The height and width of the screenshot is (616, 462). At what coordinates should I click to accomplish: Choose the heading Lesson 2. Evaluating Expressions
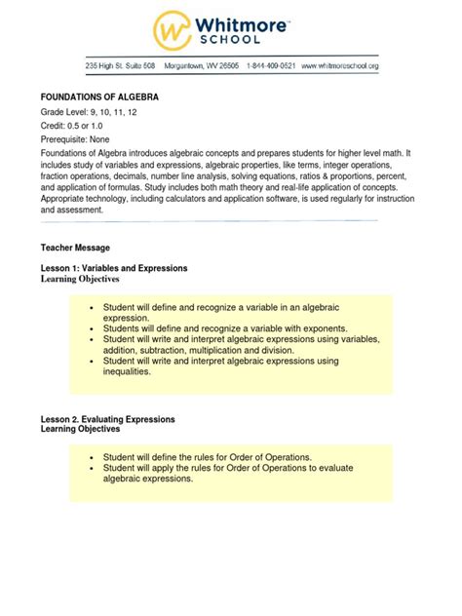(107, 418)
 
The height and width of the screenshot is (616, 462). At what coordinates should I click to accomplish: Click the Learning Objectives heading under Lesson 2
(80, 429)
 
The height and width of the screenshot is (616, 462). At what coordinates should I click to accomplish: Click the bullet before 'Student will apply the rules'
(91, 468)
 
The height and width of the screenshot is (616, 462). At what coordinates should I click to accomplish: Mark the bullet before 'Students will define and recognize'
(91, 327)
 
